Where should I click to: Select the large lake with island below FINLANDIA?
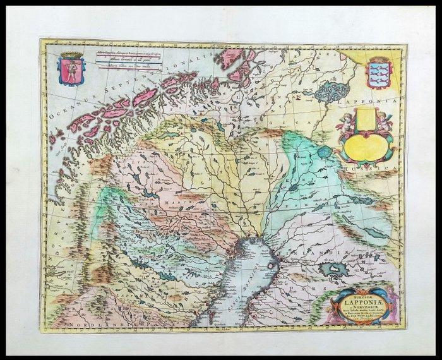[333, 271]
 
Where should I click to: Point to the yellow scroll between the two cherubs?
[366, 120]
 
